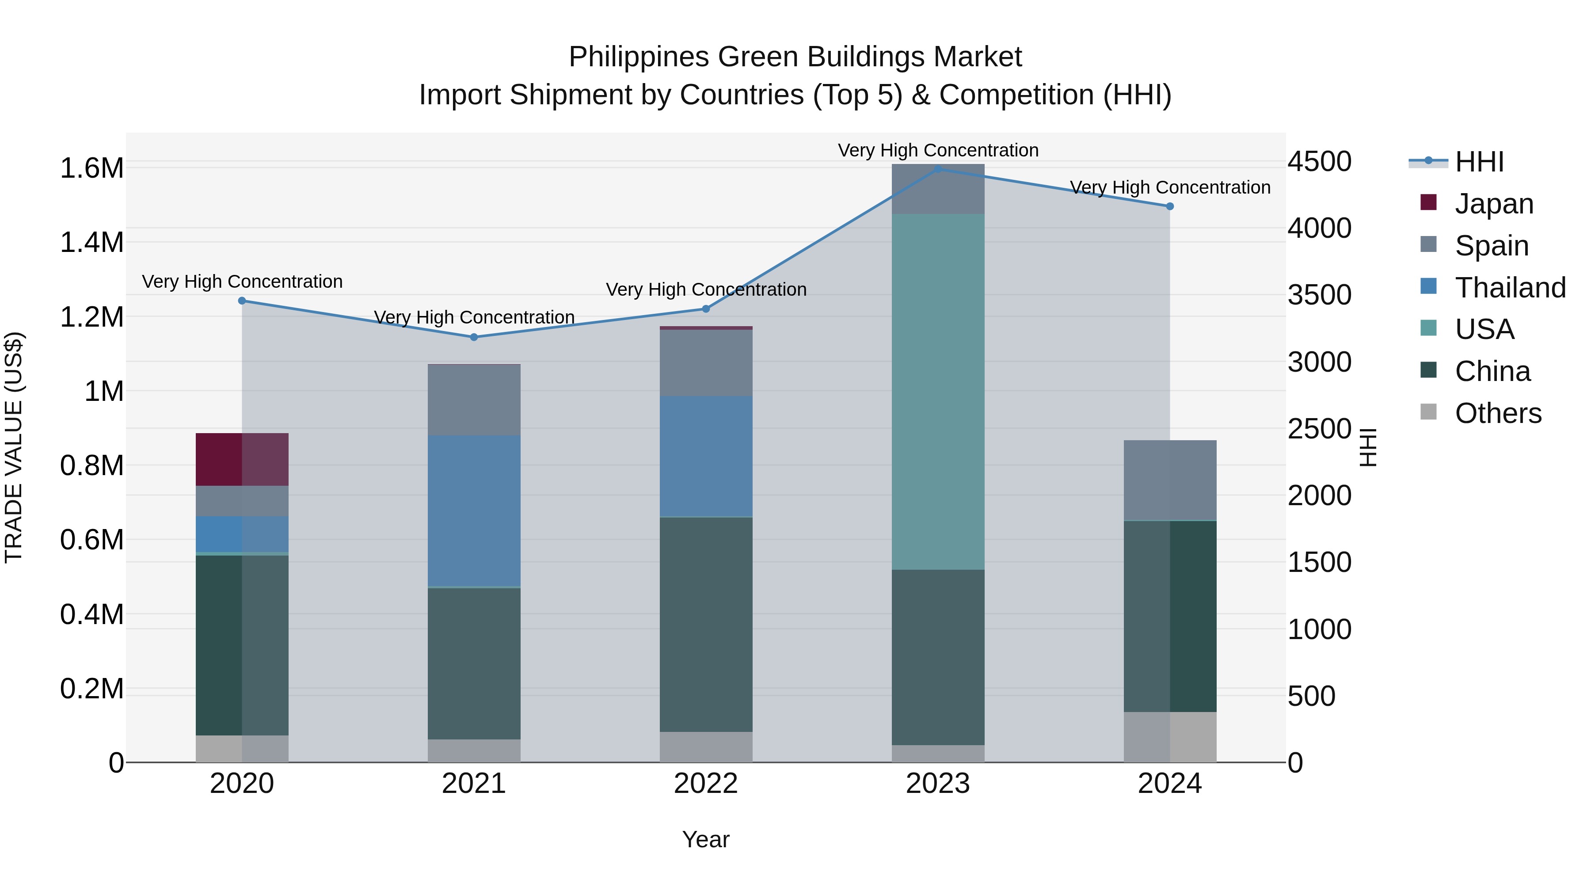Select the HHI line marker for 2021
(x=474, y=337)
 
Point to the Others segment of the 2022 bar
(x=706, y=747)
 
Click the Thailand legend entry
(x=1510, y=288)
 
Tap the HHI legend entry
(x=1479, y=162)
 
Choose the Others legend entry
(x=1498, y=413)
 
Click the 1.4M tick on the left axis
(x=91, y=242)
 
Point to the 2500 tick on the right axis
(x=1319, y=429)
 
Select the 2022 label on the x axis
(x=706, y=784)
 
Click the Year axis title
(x=706, y=839)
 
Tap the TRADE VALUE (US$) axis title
(x=14, y=447)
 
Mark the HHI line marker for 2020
(x=242, y=301)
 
